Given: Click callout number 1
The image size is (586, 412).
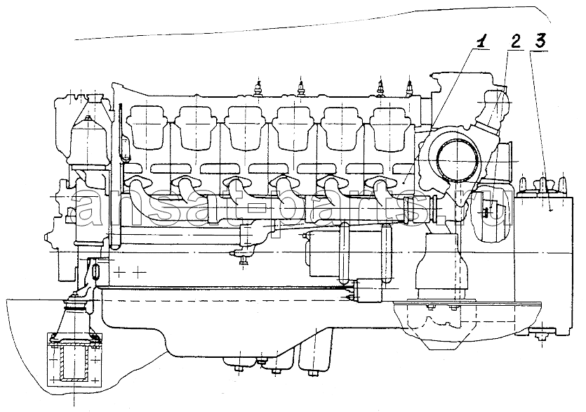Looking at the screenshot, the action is (482, 41).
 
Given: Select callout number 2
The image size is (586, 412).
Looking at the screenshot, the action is (515, 41).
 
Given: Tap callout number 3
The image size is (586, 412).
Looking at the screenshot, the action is (540, 41).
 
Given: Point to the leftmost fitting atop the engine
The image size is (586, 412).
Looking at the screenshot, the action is (258, 88).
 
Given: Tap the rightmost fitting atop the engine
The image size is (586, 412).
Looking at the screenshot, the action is (410, 87).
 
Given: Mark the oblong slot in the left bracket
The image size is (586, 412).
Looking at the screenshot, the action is (95, 271).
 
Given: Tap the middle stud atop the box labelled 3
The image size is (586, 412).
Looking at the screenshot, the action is (542, 184).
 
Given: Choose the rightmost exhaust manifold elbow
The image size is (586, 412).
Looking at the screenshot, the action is (382, 188).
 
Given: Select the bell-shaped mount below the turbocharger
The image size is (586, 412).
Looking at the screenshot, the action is (441, 267).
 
